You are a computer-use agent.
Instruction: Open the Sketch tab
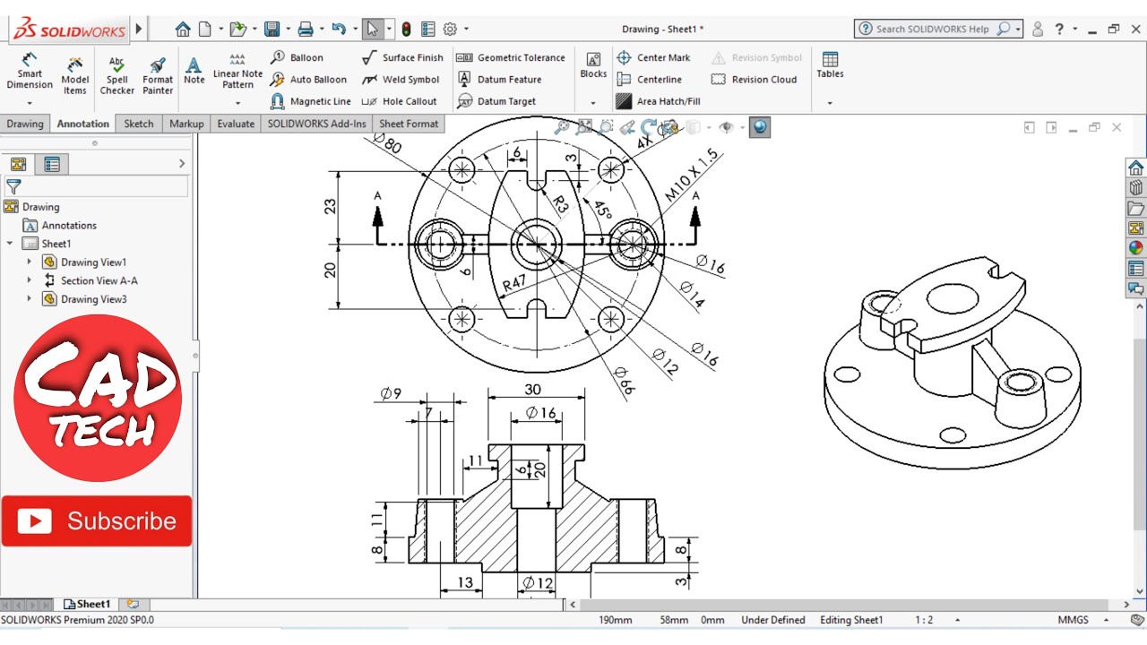pos(138,124)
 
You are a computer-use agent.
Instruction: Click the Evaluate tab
pos(236,124)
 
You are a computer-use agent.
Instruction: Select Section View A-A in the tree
pos(99,280)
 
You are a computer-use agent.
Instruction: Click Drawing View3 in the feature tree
pos(93,299)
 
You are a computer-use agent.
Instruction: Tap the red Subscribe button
pos(97,520)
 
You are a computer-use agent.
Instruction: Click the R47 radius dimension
pos(513,284)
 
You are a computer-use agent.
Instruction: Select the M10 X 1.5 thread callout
pos(692,176)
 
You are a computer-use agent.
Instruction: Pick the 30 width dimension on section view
pos(533,390)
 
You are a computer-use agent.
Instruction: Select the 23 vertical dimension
pos(330,206)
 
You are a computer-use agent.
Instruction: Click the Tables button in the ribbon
pos(830,65)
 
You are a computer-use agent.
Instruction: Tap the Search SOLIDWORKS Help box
pos(932,29)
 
